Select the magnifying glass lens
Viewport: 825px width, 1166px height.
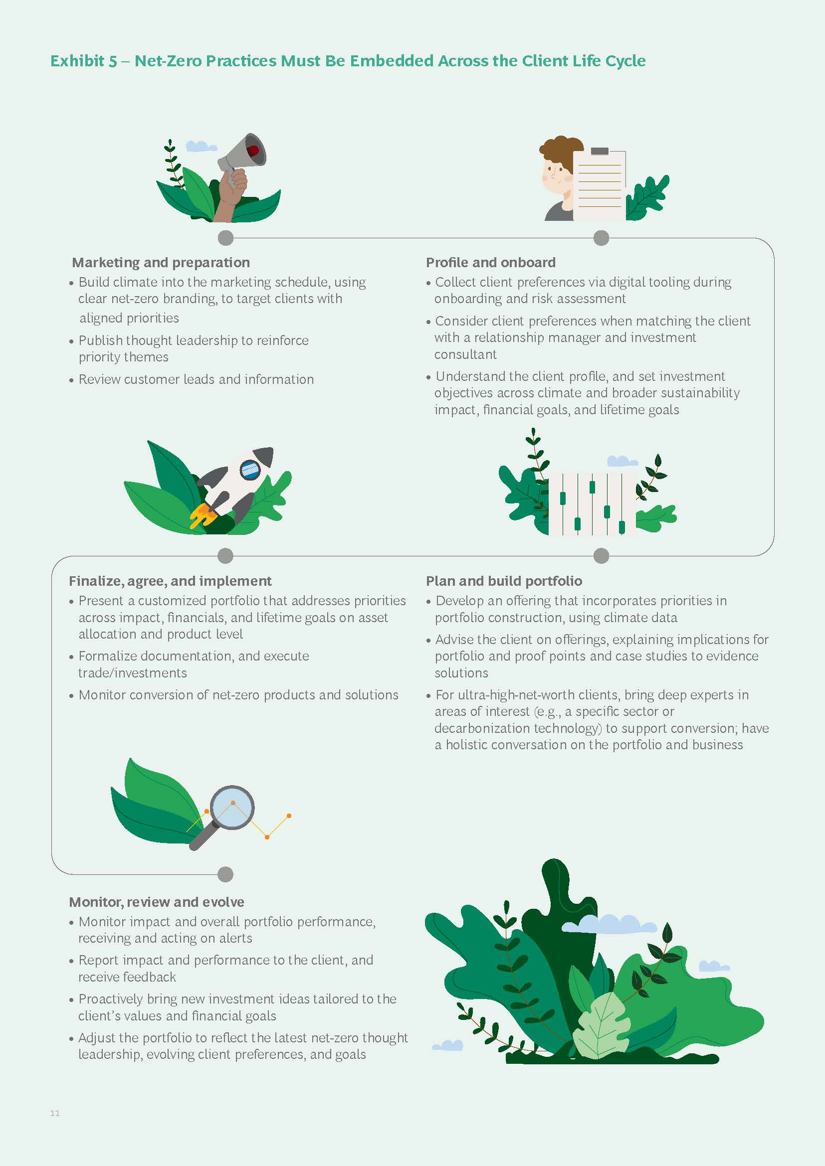(232, 808)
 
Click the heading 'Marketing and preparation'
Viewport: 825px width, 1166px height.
(161, 262)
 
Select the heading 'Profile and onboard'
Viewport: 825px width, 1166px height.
(491, 262)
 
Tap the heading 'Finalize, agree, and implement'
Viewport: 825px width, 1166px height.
(170, 581)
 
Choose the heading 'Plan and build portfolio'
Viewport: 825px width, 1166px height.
(504, 581)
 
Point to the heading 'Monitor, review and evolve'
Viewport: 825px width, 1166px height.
(157, 902)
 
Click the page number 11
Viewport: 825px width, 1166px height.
(55, 1113)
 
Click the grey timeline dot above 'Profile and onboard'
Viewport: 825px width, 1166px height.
(601, 238)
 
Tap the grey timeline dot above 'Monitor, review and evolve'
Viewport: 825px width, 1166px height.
(225, 874)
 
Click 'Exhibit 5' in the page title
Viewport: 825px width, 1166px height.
(84, 61)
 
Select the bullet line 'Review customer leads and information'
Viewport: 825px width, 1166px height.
(196, 379)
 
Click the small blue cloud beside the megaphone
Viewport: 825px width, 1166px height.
(201, 146)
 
